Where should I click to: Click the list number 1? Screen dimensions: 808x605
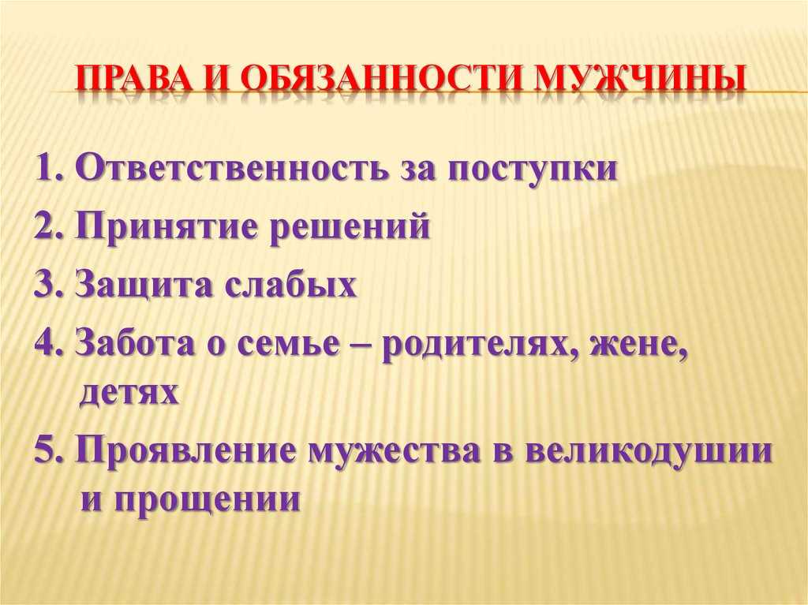point(50,168)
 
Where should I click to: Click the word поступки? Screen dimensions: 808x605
point(533,171)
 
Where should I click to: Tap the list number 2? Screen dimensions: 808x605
point(48,226)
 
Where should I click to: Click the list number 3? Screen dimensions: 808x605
point(48,284)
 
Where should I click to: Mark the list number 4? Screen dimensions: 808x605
point(49,342)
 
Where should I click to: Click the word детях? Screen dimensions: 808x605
point(129,393)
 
